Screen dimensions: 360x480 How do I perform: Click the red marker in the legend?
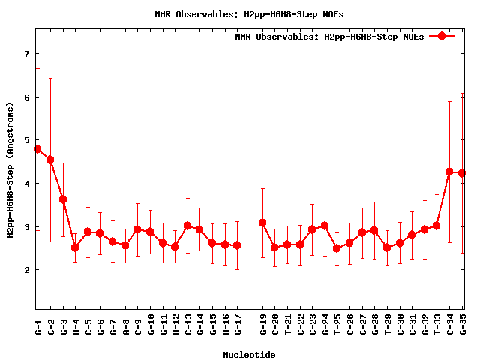click(442, 36)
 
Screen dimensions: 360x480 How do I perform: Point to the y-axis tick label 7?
click(26, 54)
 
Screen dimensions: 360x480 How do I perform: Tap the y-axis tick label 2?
click(26, 270)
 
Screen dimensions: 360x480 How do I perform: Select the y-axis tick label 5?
click(26, 140)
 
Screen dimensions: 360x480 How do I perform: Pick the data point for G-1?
click(37, 149)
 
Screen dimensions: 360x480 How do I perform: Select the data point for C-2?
click(50, 160)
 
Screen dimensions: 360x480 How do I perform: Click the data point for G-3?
click(63, 199)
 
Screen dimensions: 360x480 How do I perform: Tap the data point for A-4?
click(75, 247)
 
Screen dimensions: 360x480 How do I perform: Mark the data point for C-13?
click(187, 226)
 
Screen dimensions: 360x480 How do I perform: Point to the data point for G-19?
click(262, 223)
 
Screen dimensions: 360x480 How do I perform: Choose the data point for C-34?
click(449, 172)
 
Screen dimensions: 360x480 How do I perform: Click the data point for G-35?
click(462, 173)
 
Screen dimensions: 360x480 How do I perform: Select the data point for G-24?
click(325, 226)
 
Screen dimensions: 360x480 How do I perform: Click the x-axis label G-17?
click(238, 324)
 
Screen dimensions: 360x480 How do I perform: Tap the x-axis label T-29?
click(387, 324)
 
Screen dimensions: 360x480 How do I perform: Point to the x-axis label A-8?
click(125, 324)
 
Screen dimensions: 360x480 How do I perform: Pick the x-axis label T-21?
click(287, 324)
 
